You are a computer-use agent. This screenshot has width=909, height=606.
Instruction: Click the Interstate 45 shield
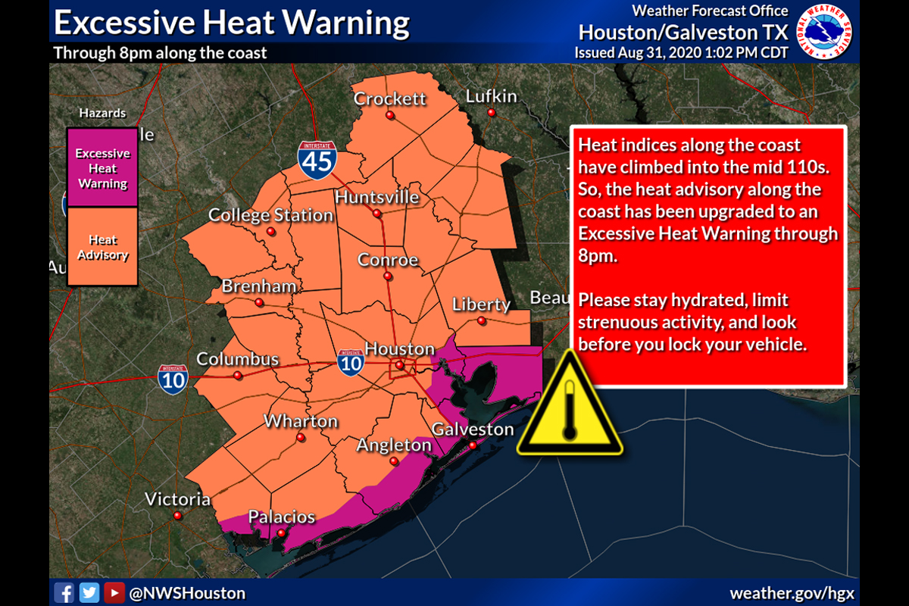[x=317, y=160]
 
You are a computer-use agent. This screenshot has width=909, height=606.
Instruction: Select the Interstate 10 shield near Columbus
[x=173, y=379]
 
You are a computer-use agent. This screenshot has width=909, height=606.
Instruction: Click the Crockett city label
[x=390, y=98]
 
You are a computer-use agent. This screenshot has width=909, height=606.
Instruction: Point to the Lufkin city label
[x=491, y=96]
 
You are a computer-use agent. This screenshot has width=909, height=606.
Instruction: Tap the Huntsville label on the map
[x=376, y=197]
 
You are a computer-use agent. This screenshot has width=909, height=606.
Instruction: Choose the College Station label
[x=271, y=215]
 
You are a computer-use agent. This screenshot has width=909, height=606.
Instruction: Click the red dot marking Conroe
[x=389, y=276]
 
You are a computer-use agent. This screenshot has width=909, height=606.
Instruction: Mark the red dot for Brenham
[x=259, y=302]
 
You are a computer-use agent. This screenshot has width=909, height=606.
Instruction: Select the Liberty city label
[x=481, y=305]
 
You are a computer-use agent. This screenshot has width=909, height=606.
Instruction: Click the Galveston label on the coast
[x=473, y=430]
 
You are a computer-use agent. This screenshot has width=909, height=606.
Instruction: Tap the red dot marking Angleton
[x=394, y=461]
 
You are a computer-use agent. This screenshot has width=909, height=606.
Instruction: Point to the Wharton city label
[x=301, y=421]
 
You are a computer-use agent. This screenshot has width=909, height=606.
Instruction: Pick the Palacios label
[x=282, y=517]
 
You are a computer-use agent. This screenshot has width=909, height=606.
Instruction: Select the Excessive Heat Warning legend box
[x=102, y=168]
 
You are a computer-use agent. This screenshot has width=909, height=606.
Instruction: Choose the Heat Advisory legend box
[x=102, y=247]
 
